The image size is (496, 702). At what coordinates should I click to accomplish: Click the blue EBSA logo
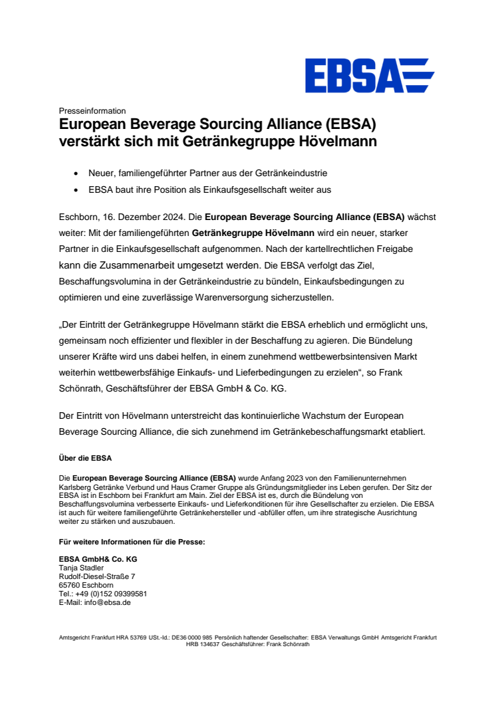click(x=369, y=75)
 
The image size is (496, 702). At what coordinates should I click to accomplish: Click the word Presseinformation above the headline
click(x=92, y=111)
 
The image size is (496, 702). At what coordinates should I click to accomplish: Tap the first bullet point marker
click(x=79, y=174)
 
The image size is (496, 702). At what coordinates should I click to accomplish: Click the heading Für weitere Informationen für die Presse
click(x=132, y=542)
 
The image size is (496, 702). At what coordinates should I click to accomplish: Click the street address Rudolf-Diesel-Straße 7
click(x=97, y=576)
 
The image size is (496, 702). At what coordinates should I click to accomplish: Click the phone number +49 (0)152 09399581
click(x=111, y=594)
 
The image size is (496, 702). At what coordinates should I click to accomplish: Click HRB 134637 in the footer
click(x=203, y=644)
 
